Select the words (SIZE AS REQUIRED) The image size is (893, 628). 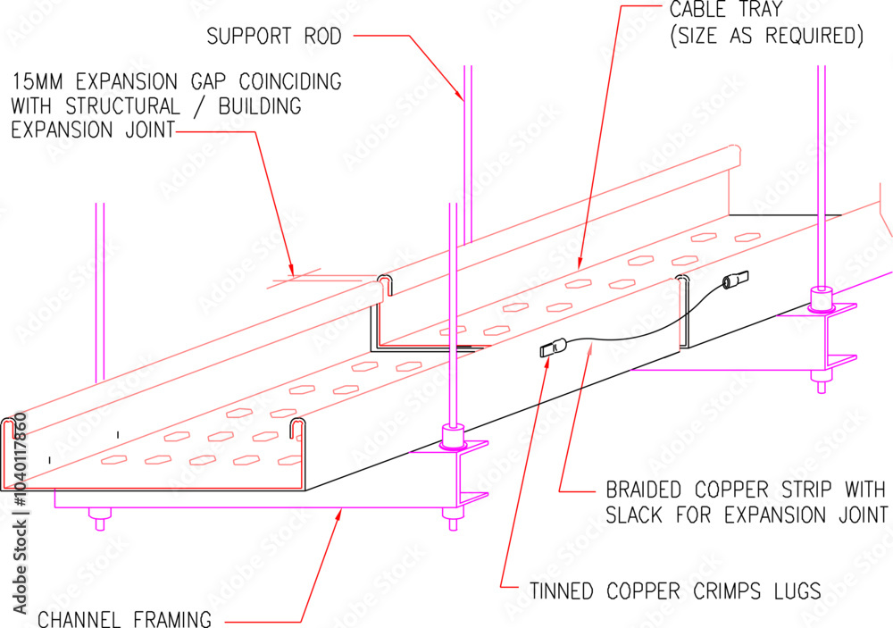pos(766,38)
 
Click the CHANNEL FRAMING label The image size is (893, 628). pos(124,618)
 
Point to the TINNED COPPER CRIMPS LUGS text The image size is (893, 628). pos(674,591)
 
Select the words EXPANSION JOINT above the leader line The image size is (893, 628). pos(93,130)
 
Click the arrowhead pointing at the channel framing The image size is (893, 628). pos(339,514)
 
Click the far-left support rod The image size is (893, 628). pos(101,295)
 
